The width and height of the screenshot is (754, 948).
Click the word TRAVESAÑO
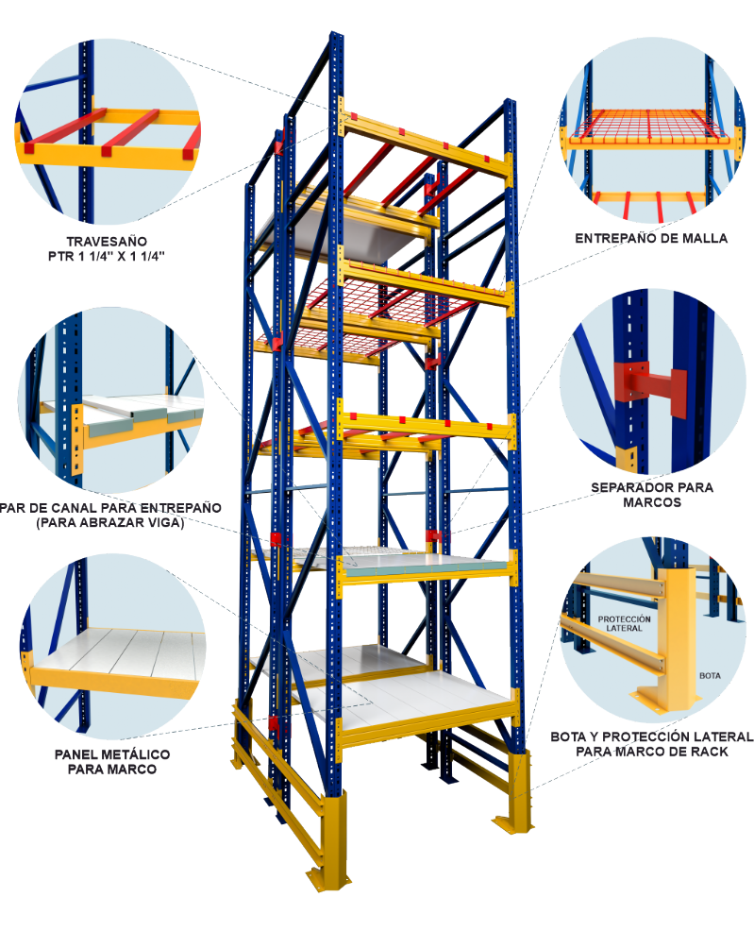pos(107,241)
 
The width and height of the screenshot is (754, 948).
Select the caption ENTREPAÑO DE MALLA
pos(651,238)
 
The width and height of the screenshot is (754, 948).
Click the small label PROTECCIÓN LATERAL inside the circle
pos(624,623)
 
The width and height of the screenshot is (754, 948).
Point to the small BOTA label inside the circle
pos(710,676)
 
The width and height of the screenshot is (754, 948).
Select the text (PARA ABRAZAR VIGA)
pos(110,523)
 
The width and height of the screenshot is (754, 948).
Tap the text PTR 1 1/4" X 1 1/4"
pos(107,256)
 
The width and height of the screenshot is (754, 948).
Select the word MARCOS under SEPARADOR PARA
pos(652,502)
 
